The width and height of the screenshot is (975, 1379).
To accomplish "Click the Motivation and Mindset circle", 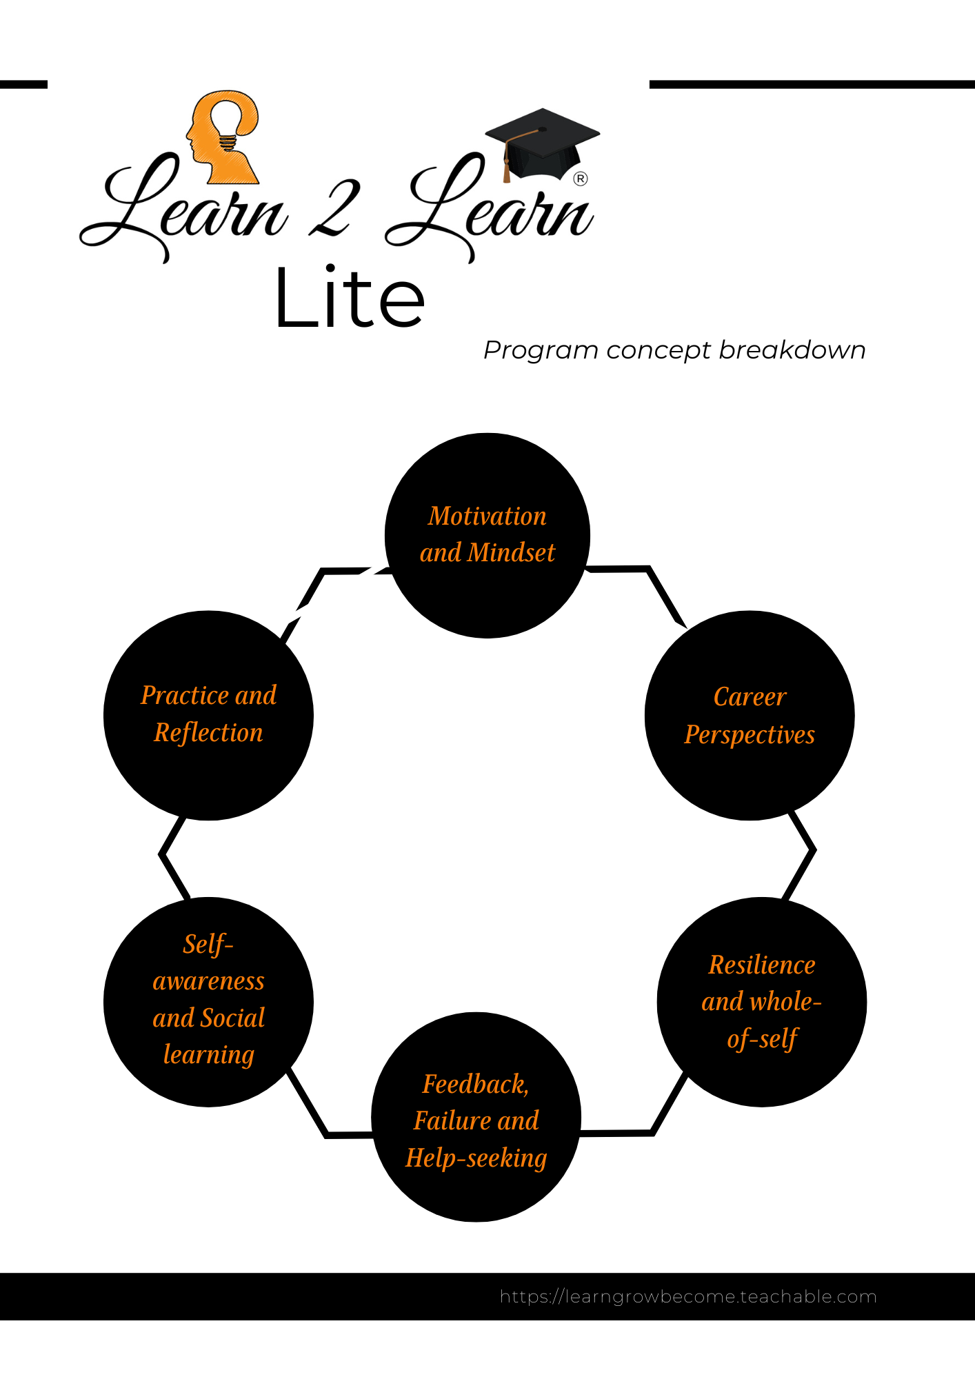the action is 487,536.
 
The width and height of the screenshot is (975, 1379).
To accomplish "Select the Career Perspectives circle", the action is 750,716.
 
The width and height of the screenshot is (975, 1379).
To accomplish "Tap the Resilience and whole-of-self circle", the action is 762,1002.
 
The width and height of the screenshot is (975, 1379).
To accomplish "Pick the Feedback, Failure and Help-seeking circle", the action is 476,1117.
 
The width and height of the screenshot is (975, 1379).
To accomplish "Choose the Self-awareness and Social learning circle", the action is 208,1002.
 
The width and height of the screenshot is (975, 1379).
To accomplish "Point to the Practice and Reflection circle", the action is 208,716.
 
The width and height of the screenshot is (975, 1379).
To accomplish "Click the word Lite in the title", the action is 350,297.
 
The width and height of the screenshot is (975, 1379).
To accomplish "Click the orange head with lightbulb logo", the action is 223,137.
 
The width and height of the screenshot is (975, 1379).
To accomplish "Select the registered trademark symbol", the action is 581,179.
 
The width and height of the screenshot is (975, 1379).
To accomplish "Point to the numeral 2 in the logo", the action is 335,208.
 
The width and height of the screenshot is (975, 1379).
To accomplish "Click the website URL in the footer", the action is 688,1297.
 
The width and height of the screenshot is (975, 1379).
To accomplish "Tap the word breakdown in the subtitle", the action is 792,350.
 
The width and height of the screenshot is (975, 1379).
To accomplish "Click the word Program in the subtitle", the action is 541,351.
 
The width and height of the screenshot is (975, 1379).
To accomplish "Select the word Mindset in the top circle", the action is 511,553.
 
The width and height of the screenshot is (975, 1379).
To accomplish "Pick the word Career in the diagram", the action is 750,697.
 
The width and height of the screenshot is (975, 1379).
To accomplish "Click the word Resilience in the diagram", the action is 762,965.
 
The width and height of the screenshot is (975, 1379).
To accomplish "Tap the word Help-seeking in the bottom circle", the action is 476,1158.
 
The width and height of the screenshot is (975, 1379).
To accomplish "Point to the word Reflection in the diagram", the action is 208,733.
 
